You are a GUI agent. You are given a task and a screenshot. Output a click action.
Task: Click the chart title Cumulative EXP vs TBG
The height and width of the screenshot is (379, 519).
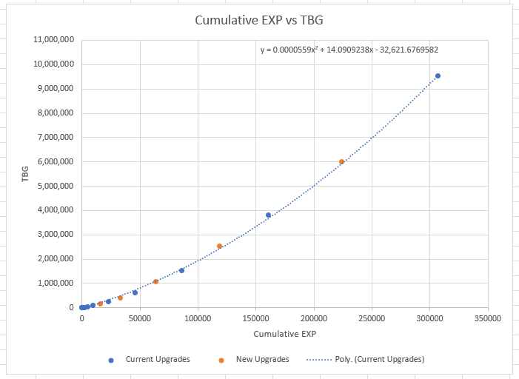(x=259, y=20)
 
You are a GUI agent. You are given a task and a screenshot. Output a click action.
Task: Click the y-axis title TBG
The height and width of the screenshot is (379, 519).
(x=24, y=173)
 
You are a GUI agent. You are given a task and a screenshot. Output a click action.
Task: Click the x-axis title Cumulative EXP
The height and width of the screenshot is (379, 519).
(x=284, y=334)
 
